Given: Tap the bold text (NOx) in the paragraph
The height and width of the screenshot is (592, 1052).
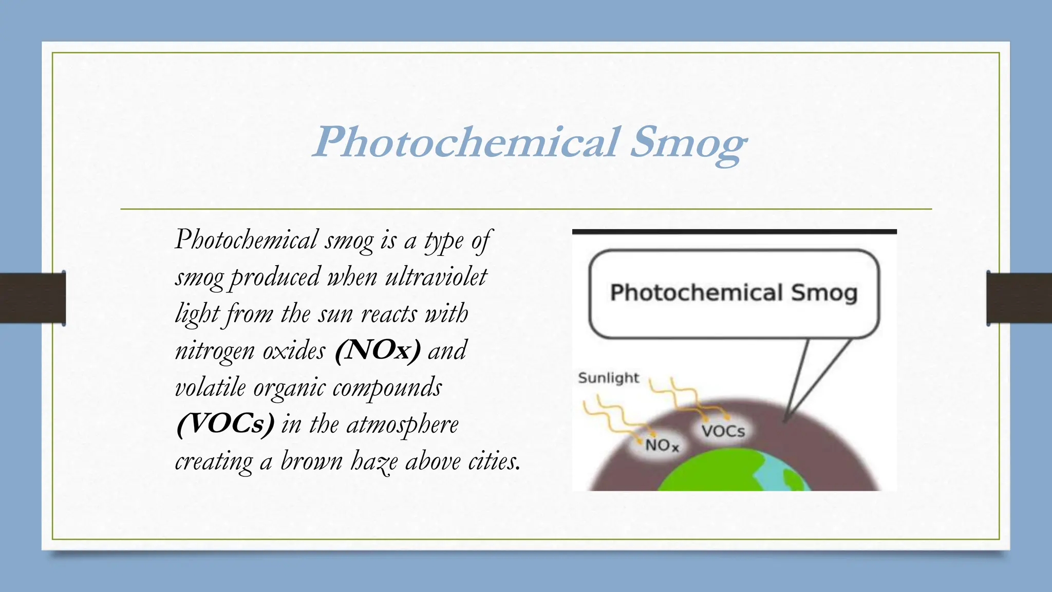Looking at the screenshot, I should tap(378, 350).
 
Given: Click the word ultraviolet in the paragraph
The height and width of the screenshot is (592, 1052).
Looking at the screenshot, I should tap(436, 277).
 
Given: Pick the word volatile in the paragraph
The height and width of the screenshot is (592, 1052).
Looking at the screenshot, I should tap(210, 387).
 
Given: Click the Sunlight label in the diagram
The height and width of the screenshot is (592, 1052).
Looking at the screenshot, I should tap(609, 378).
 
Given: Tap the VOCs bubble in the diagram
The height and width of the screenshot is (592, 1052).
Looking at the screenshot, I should tap(723, 431).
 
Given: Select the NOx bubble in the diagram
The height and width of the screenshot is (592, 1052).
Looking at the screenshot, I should tap(662, 445).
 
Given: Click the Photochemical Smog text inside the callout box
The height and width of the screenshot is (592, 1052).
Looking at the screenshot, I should tap(734, 293).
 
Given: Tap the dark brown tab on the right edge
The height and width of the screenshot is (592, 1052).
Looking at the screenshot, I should tap(1019, 298).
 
